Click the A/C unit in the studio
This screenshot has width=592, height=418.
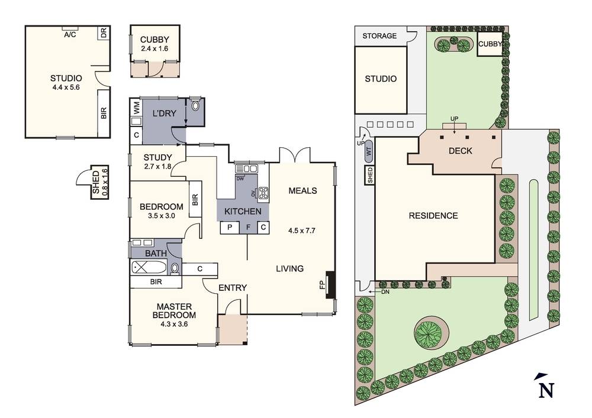point(70,28)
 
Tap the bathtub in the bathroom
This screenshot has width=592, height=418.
point(149,268)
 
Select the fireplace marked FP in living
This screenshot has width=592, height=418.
point(330,285)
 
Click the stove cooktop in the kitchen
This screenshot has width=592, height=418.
point(263,193)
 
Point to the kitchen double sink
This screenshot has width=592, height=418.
point(246,169)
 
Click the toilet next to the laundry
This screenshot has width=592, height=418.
point(195,105)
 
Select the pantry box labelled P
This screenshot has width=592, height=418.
point(230,227)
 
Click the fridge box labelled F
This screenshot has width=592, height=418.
point(248,227)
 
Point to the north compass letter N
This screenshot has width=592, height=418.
point(546,390)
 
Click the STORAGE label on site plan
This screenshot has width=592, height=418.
point(379,36)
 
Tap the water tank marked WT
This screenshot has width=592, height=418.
point(369,152)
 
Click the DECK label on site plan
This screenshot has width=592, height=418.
point(460,151)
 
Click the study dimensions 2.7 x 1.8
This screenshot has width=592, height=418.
point(157,166)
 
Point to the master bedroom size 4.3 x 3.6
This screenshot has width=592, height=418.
point(174,324)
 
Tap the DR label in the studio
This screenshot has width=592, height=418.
point(104,33)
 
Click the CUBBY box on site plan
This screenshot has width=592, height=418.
point(490,44)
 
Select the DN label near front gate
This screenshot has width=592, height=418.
point(385,291)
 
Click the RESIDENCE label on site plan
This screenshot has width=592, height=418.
point(433,216)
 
